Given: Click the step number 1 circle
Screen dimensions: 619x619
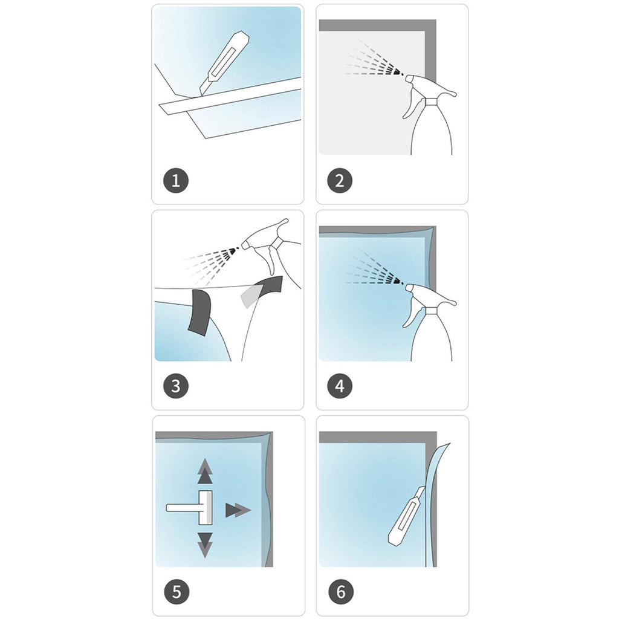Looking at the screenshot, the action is click(176, 180).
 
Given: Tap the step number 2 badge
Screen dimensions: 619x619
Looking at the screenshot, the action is click(340, 180).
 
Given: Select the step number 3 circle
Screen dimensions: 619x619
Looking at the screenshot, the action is click(176, 386).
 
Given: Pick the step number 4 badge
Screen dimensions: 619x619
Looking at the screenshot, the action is click(340, 386).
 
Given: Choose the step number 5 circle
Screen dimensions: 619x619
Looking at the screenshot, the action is click(177, 591).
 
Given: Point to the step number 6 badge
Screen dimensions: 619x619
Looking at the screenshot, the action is click(341, 591).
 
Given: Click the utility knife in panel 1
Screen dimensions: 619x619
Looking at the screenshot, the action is click(224, 63).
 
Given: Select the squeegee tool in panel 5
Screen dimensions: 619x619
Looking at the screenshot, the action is click(189, 507).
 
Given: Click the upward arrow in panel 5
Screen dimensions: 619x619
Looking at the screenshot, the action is click(205, 471).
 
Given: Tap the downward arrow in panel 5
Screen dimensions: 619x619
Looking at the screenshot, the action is click(205, 545).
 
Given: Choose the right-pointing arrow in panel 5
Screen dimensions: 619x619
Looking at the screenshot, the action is click(238, 510).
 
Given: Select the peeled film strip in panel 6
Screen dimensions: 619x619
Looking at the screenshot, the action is click(438, 505).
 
